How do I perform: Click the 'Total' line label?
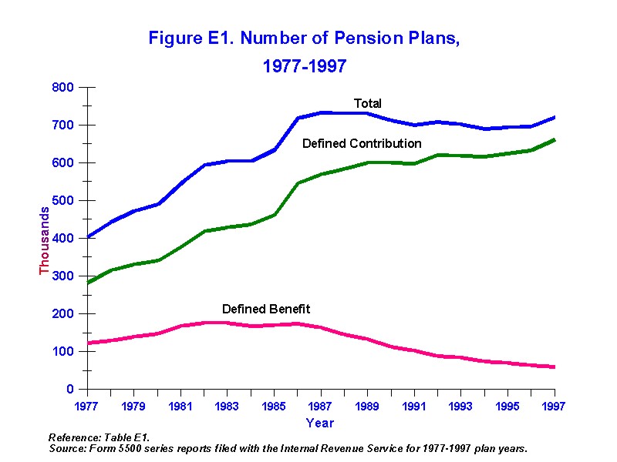point(367,103)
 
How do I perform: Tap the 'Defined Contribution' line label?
point(362,143)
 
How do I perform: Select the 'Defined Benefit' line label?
point(266,309)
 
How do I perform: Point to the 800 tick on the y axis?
point(63,88)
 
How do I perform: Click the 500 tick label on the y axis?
point(63,201)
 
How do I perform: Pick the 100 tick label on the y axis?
point(63,352)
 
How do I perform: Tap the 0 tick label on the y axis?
point(69,390)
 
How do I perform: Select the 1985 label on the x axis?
point(274,406)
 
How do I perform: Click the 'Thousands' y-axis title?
point(45,239)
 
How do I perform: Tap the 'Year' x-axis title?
point(319,423)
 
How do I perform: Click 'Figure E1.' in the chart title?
point(184,38)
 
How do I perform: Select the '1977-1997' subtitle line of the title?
point(305,67)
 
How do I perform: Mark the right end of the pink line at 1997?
point(553,367)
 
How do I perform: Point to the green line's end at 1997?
point(553,140)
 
